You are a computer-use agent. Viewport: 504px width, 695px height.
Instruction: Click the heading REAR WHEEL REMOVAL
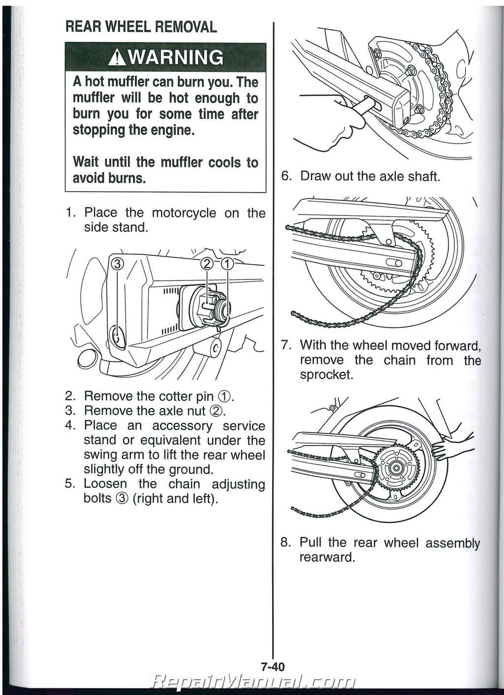pyautogui.click(x=141, y=27)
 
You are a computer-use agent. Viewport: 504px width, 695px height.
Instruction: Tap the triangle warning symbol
pyautogui.click(x=118, y=59)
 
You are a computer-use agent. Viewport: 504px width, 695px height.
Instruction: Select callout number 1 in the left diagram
pyautogui.click(x=227, y=264)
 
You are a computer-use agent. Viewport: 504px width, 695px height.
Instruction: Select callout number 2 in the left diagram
pyautogui.click(x=207, y=264)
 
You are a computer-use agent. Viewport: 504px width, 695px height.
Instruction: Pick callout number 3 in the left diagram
pyautogui.click(x=117, y=264)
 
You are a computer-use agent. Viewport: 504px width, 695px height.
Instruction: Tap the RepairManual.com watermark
pyautogui.click(x=254, y=682)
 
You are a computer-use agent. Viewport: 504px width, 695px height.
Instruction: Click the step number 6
pyautogui.click(x=285, y=176)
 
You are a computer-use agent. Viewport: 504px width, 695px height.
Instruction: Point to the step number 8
pyautogui.click(x=285, y=543)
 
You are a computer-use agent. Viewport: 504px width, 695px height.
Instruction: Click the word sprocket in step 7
pyautogui.click(x=326, y=375)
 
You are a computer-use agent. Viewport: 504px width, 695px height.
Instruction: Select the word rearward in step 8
pyautogui.click(x=327, y=558)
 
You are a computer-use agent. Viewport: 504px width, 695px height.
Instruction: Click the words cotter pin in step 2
pyautogui.click(x=189, y=396)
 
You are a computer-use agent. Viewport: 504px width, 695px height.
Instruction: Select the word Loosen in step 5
pyautogui.click(x=105, y=484)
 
